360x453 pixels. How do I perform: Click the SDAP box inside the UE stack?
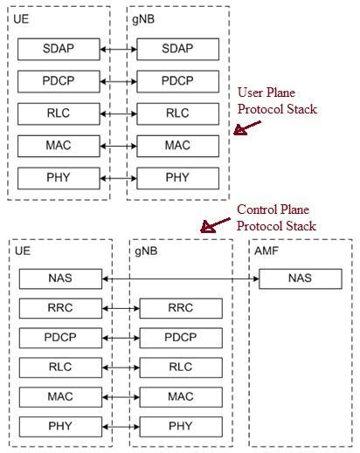pos(59,50)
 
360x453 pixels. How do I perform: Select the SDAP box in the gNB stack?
pos(177,50)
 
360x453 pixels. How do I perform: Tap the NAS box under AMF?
pos(301,279)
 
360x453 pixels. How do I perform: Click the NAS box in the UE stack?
pos(60,279)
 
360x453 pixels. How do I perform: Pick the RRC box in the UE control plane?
pos(60,308)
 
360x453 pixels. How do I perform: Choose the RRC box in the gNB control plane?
pos(180,308)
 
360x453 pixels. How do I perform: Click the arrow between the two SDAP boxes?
pos(118,50)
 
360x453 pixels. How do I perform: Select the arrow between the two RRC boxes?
pos(121,308)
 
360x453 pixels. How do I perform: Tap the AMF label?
pos(266,251)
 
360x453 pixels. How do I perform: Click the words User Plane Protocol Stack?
pos(276,101)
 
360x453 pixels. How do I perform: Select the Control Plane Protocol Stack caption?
pos(276,218)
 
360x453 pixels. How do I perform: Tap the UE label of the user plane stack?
pos(22,18)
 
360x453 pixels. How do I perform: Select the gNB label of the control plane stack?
pos(147,251)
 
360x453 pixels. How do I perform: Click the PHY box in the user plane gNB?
pos(177,178)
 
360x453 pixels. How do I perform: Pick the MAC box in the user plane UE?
pos(59,146)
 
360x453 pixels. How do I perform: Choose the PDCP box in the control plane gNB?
pos(180,338)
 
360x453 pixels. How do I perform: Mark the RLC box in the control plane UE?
pos(60,367)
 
